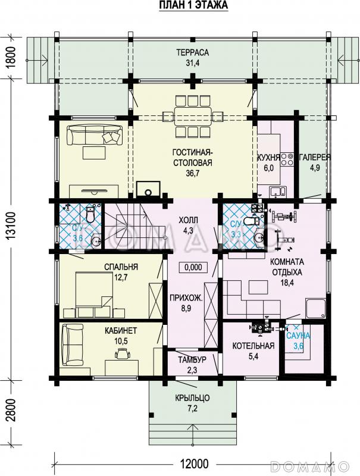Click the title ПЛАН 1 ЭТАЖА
193,5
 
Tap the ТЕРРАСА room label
193,52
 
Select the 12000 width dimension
194,464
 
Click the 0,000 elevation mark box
193,267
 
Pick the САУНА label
298,336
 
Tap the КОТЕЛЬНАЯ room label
253,346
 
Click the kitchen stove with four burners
287,159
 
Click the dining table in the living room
193,115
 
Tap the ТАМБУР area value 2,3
192,370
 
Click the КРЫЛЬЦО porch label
192,397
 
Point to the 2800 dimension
11,410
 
